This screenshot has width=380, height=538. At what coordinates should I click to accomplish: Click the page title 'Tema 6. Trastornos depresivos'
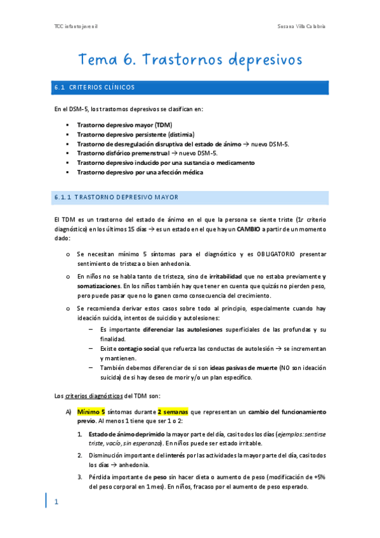(x=190, y=60)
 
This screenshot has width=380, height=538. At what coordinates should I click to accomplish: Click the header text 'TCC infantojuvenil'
(x=75, y=26)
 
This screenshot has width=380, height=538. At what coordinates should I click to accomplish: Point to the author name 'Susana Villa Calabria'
(x=302, y=26)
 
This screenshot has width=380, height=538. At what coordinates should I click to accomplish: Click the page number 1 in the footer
(x=56, y=502)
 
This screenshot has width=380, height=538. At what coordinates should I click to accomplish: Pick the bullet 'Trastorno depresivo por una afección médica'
(x=140, y=172)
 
